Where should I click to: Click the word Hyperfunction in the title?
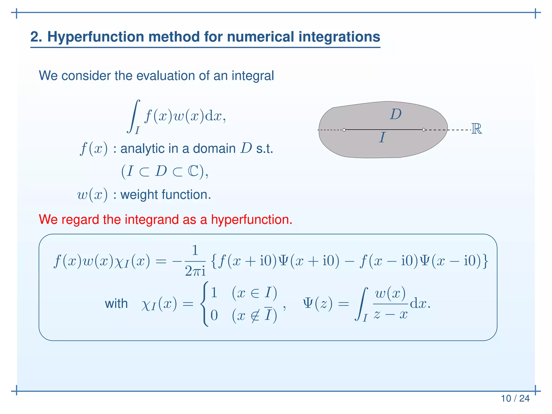pyautogui.click(x=96, y=37)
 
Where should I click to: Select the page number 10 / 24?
pyautogui.click(x=515, y=398)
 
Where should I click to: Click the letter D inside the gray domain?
pyautogui.click(x=396, y=114)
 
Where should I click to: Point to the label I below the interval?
pyautogui.click(x=382, y=137)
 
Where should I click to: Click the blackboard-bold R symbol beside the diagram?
pyautogui.click(x=476, y=129)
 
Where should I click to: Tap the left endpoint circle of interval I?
pyautogui.click(x=344, y=130)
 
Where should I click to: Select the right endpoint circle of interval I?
pyautogui.click(x=424, y=130)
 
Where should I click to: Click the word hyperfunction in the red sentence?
pyautogui.click(x=251, y=219)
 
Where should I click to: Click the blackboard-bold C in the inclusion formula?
pyautogui.click(x=193, y=171)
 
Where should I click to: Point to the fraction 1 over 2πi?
pyautogui.click(x=195, y=261)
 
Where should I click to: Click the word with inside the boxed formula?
pyautogui.click(x=116, y=304)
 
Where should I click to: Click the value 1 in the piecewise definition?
pyautogui.click(x=214, y=293)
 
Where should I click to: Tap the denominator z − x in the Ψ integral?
pyautogui.click(x=390, y=314)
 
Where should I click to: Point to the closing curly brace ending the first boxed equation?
pyautogui.click(x=485, y=261)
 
